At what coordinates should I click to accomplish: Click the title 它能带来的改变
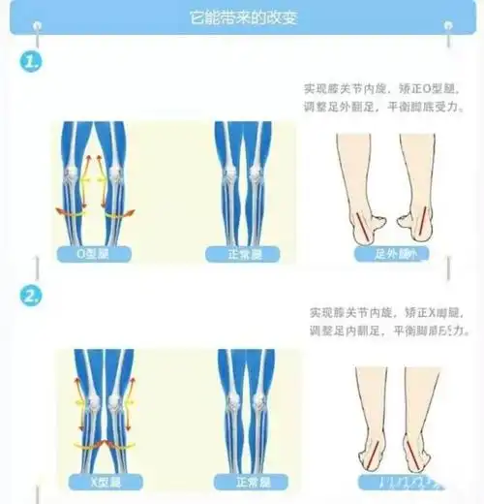tap(241, 18)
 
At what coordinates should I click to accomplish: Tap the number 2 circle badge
tap(32, 295)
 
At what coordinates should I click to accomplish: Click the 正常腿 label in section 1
tap(241, 254)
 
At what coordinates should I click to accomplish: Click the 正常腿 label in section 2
tap(241, 480)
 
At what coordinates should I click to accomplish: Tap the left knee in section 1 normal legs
tap(228, 175)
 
